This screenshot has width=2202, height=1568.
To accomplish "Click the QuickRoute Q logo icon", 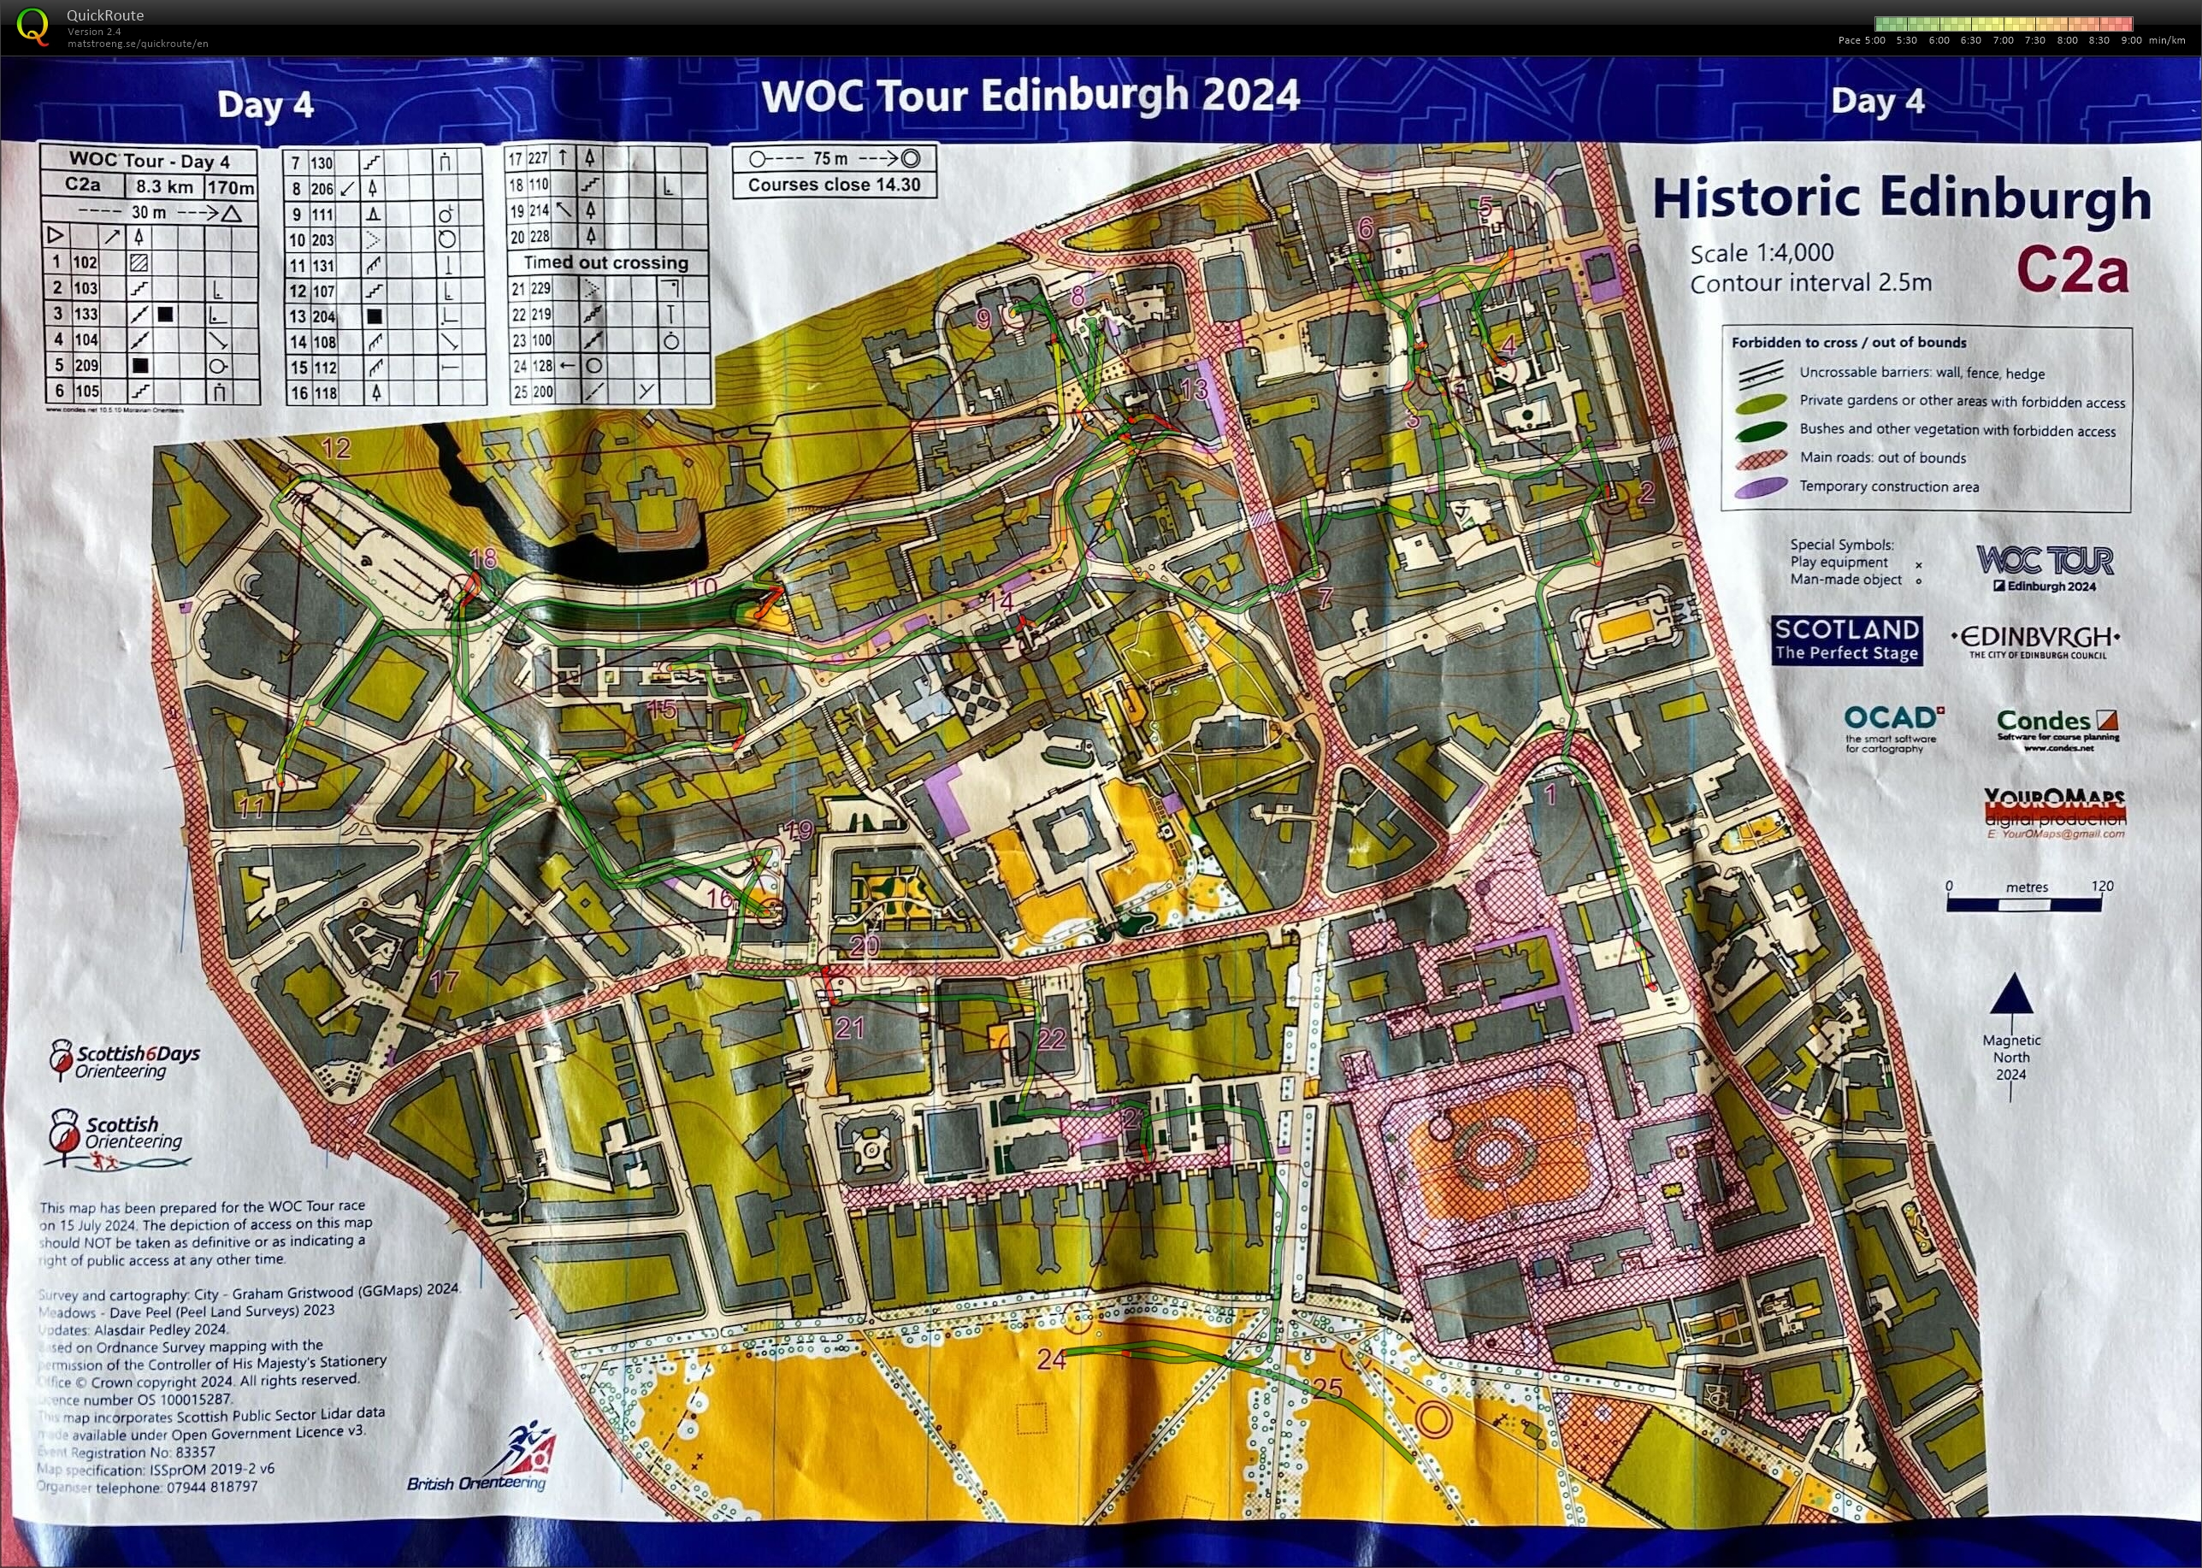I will pos(32,26).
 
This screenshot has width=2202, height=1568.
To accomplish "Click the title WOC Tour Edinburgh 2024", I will pos(1030,96).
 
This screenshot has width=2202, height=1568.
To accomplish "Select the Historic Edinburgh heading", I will pos(1901,198).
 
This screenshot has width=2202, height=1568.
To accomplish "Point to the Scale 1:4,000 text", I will pos(1761,253).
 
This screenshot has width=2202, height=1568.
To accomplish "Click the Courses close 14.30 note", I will pos(834,185).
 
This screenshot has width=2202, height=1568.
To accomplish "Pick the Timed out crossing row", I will pos(605,262).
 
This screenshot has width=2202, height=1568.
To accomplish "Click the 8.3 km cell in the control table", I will pos(164,186).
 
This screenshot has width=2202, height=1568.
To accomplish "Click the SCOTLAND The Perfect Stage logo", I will pos(1845,640).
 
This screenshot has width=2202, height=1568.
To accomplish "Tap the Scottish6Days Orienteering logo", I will pos(126,1060).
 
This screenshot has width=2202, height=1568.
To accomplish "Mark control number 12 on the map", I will pos(335,448).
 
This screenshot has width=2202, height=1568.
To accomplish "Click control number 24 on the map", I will pos(1051,1359).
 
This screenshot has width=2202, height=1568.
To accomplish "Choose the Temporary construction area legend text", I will pos(1888,486).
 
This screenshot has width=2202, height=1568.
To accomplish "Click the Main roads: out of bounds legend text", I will pos(1881,457).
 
